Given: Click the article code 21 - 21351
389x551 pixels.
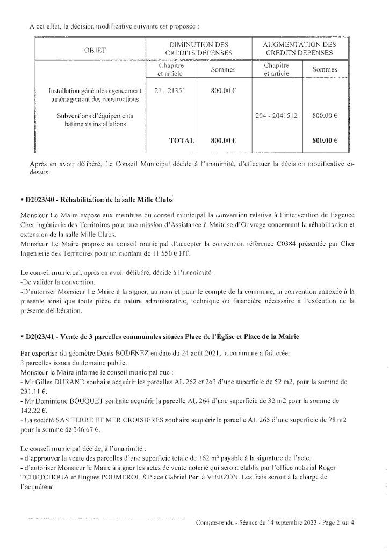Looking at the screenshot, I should coord(169,91).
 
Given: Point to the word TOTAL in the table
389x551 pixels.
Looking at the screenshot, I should coord(182,140).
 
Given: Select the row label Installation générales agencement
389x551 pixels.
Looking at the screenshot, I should coord(95,91).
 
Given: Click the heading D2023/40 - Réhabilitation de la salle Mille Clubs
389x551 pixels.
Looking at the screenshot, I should coord(99,200).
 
